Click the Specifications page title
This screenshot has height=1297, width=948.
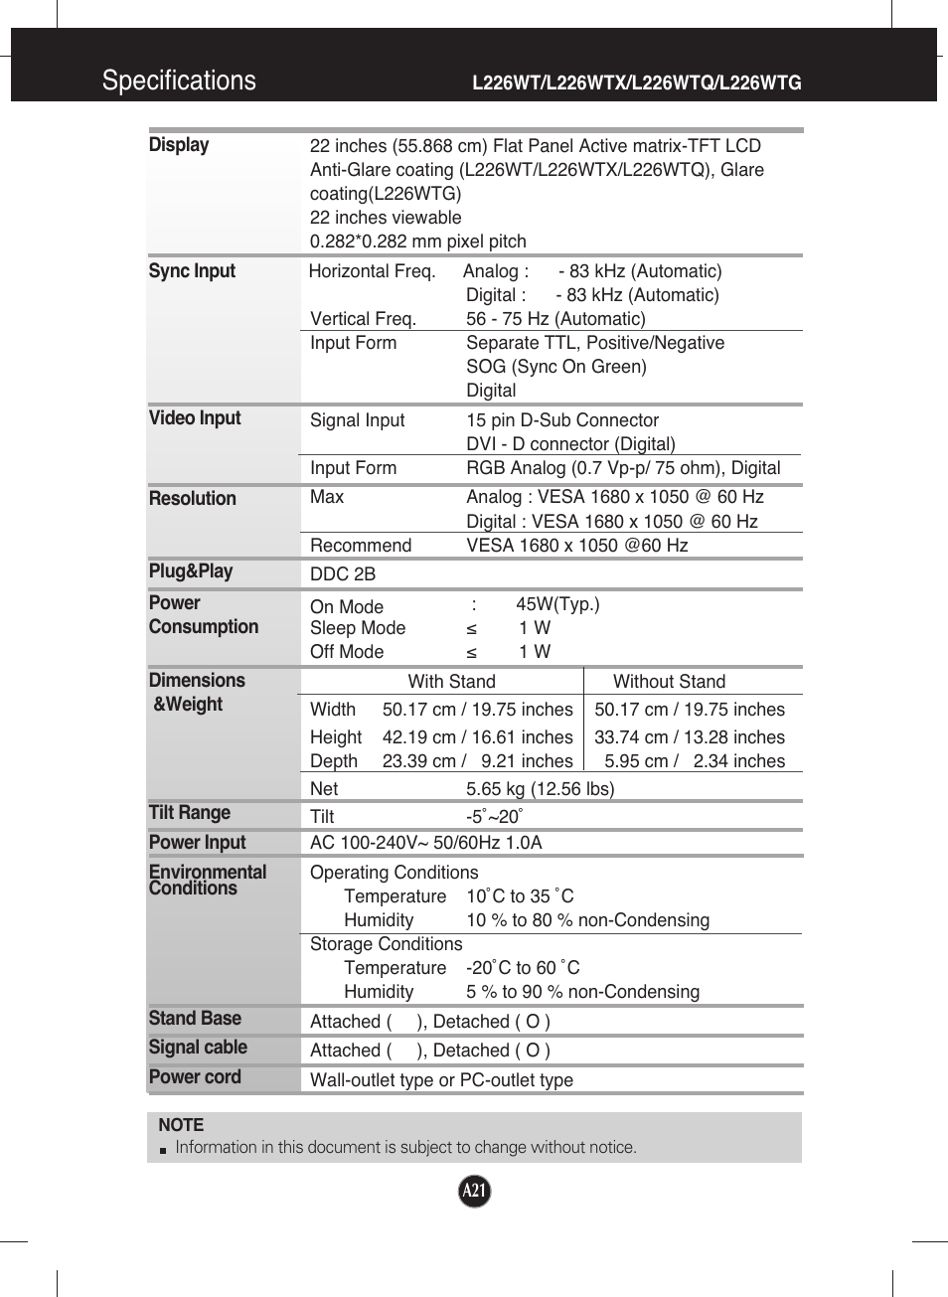click(x=179, y=81)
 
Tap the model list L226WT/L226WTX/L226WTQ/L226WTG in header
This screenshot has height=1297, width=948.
click(x=636, y=82)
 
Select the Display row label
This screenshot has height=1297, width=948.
click(x=179, y=145)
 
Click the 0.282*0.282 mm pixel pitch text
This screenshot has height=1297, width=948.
click(x=418, y=242)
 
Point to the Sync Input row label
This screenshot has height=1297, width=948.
click(x=192, y=271)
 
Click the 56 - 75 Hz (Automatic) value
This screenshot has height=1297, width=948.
click(x=555, y=319)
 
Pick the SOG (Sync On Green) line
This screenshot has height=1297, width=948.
click(x=556, y=367)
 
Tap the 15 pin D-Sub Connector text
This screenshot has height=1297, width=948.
click(x=562, y=420)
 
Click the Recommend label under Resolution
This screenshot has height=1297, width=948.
click(x=361, y=546)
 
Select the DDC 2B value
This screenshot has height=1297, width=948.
click(x=343, y=574)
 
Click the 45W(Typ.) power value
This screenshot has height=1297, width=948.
click(x=557, y=604)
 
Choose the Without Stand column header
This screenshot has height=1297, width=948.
click(x=669, y=682)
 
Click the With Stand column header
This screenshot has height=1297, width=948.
click(x=451, y=682)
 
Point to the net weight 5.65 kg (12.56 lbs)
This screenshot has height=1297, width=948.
click(x=540, y=789)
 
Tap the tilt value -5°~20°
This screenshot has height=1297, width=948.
click(x=494, y=817)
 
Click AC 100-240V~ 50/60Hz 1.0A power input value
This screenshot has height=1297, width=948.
click(x=426, y=843)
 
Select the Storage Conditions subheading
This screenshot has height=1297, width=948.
click(x=387, y=944)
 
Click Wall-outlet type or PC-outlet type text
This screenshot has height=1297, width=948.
click(x=441, y=1080)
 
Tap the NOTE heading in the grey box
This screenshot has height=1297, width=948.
click(x=181, y=1125)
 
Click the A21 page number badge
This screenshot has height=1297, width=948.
click(x=475, y=1191)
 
